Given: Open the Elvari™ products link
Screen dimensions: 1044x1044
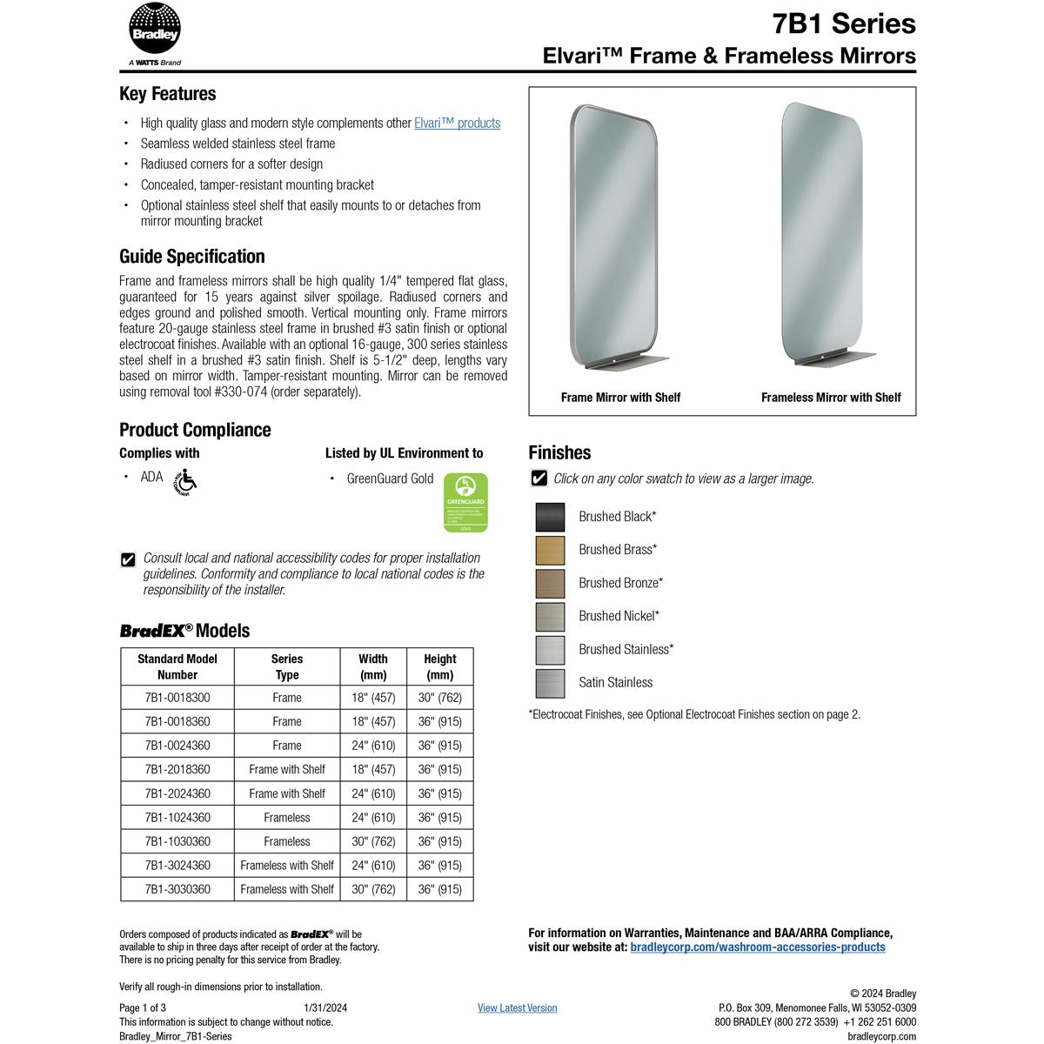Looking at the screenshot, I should click(457, 124).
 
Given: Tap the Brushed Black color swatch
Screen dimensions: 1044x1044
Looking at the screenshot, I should click(550, 517).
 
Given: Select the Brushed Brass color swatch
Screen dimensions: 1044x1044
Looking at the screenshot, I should click(550, 550).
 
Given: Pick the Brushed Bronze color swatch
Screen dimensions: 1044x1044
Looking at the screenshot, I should click(550, 583).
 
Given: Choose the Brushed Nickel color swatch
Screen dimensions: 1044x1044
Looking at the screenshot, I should click(550, 617).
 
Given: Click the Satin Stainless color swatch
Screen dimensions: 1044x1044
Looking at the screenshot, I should click(550, 683).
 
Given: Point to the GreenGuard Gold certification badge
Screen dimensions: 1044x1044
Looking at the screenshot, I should click(465, 503).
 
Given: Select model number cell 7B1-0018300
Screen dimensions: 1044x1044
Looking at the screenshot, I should click(177, 698).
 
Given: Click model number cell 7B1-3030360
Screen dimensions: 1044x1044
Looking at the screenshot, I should click(177, 889).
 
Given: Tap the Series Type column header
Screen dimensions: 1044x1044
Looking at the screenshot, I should click(286, 666).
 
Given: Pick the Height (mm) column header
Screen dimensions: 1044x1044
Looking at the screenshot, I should click(439, 666).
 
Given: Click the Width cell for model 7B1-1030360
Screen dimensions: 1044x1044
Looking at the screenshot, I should click(373, 841).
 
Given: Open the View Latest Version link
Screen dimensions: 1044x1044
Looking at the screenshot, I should click(517, 1007).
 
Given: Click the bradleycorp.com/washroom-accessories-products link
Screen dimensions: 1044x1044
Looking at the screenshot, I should click(757, 947).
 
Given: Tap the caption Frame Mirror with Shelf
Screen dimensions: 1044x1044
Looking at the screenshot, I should click(620, 398).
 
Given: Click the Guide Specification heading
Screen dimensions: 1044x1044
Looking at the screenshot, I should click(192, 257).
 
